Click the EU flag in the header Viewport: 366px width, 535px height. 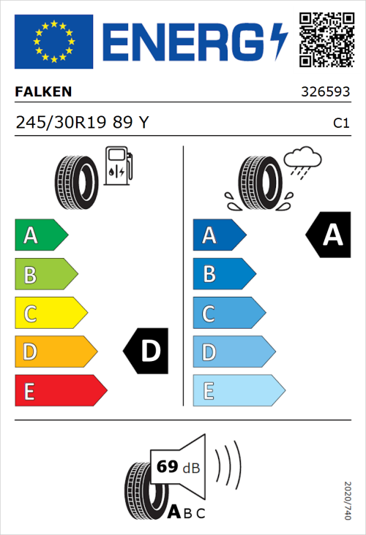click(x=54, y=41)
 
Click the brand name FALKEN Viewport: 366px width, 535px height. click(x=44, y=92)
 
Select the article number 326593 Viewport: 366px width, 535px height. click(x=325, y=93)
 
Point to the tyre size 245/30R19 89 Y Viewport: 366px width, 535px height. click(x=82, y=124)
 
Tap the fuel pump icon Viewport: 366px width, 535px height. click(x=118, y=165)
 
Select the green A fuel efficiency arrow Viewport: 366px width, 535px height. click(x=40, y=235)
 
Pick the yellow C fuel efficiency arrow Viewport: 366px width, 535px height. click(x=50, y=314)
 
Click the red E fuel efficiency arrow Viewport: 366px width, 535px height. click(x=59, y=391)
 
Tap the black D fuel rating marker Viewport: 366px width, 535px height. click(x=147, y=352)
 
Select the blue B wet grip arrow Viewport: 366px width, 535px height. click(x=223, y=274)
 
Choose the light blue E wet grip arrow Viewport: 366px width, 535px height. click(x=238, y=391)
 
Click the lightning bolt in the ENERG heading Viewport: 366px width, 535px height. click(x=278, y=41)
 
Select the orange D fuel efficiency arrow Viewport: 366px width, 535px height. click(x=55, y=352)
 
